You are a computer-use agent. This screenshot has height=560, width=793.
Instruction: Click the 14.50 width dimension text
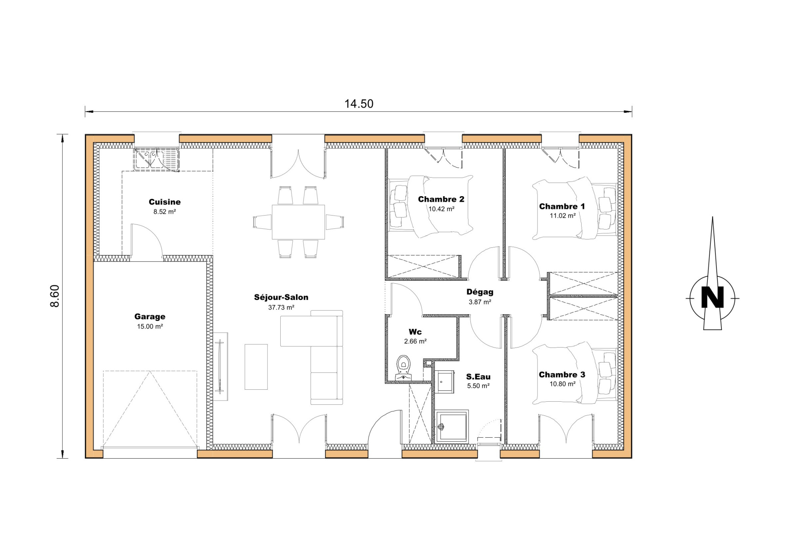pyautogui.click(x=359, y=104)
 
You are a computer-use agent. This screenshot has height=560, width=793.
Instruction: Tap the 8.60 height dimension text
pyautogui.click(x=55, y=296)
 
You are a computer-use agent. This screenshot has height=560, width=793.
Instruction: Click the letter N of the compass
pyautogui.click(x=712, y=298)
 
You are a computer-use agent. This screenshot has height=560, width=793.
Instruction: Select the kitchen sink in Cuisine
pyautogui.click(x=156, y=159)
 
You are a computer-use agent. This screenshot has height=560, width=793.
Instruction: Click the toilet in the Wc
pyautogui.click(x=403, y=364)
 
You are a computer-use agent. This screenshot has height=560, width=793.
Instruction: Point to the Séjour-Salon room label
pyautogui.click(x=281, y=297)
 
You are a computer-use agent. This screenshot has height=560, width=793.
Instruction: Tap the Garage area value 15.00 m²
pyautogui.click(x=150, y=326)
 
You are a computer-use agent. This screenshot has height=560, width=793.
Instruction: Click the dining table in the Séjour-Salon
pyautogui.click(x=298, y=222)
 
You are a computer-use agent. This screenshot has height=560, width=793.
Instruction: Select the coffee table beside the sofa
pyautogui.click(x=256, y=366)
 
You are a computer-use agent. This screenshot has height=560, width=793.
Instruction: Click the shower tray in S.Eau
pyautogui.click(x=452, y=427)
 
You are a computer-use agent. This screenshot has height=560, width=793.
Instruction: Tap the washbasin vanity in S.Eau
pyautogui.click(x=444, y=382)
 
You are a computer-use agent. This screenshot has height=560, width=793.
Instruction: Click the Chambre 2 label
pyautogui.click(x=441, y=199)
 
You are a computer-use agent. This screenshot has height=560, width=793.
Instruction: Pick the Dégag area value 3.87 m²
pyautogui.click(x=480, y=302)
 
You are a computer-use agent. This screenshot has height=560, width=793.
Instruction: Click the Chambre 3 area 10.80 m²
pyautogui.click(x=562, y=384)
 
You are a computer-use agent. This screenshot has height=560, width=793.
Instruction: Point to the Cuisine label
pyautogui.click(x=165, y=202)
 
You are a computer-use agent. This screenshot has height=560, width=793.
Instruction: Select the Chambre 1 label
pyautogui.click(x=562, y=206)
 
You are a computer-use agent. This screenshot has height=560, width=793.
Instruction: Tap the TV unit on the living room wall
pyautogui.click(x=220, y=366)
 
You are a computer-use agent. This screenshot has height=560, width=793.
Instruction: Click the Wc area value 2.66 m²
pyautogui.click(x=415, y=341)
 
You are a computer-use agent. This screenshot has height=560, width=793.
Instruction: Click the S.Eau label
pyautogui.click(x=478, y=377)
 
